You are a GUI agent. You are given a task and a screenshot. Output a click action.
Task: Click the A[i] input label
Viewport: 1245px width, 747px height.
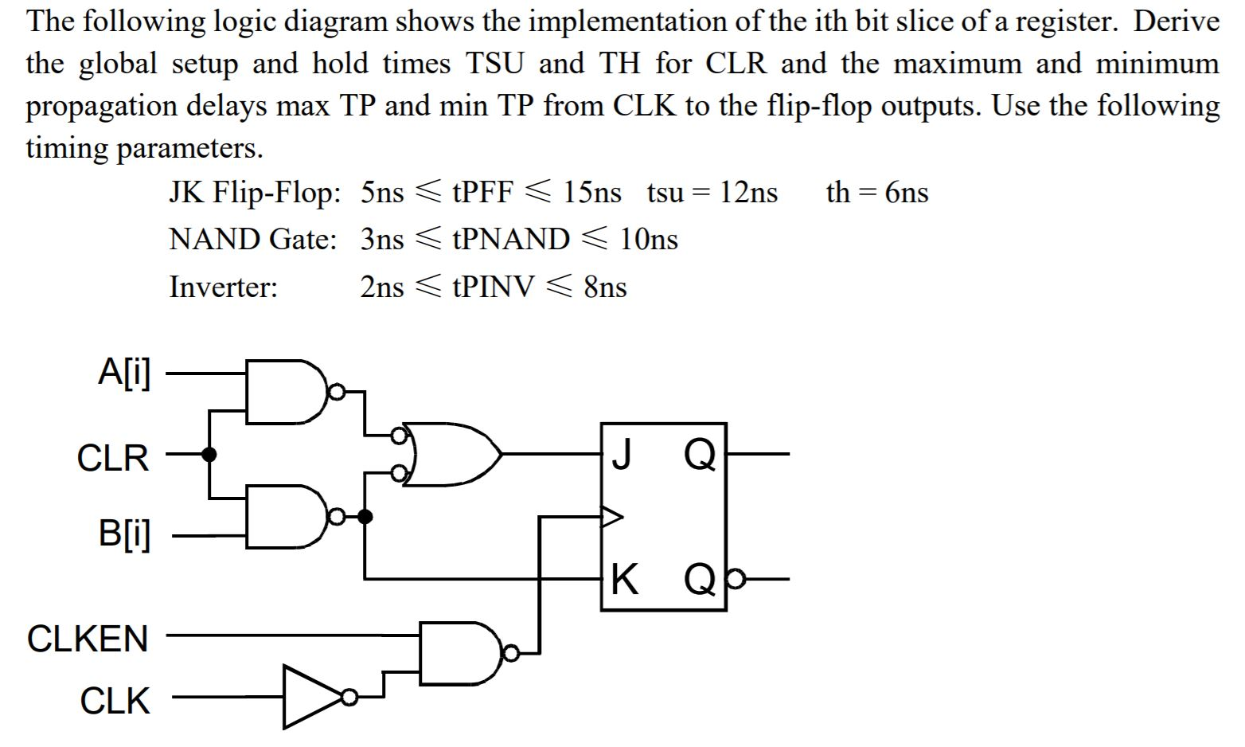[x=124, y=372]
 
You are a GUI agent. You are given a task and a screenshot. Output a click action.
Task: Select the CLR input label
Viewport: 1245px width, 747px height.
[x=112, y=458]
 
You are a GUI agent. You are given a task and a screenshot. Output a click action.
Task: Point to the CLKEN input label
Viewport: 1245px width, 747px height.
[x=88, y=639]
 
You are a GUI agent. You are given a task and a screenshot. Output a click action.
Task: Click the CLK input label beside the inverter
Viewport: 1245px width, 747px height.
[x=115, y=701]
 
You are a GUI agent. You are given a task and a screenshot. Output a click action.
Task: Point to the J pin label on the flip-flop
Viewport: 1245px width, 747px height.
[x=622, y=455]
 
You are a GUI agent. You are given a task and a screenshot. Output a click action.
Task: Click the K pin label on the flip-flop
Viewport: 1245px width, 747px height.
[x=625, y=579]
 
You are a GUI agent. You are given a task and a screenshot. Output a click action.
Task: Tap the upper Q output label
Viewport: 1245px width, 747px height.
[x=701, y=455]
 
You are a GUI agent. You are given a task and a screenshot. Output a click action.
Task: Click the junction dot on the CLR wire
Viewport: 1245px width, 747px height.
[x=209, y=455]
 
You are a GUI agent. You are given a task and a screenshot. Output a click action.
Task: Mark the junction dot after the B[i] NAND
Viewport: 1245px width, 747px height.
[x=365, y=518]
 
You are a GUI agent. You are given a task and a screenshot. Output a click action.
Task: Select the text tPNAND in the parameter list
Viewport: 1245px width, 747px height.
[x=510, y=239]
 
